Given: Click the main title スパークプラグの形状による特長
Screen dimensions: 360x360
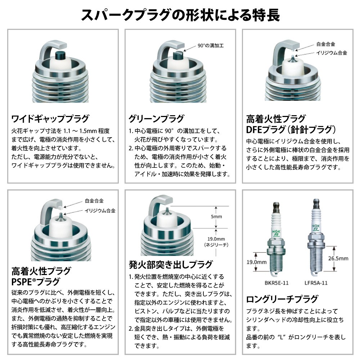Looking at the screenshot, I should click(x=180, y=15).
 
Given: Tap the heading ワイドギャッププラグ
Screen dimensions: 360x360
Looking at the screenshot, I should click(x=50, y=118).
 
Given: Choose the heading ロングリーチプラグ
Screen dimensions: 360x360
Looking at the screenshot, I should click(x=282, y=299).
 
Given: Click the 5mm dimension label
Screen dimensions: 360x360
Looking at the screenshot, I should click(x=217, y=216).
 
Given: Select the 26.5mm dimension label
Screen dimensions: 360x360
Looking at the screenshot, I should click(x=338, y=258).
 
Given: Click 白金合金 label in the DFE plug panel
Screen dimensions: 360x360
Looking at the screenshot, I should click(x=325, y=44).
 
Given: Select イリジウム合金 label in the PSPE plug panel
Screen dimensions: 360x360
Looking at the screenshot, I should click(x=100, y=211).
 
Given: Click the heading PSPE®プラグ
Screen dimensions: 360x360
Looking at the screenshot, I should click(x=36, y=282).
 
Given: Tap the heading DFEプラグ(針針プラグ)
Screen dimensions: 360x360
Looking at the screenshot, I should click(x=291, y=129).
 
